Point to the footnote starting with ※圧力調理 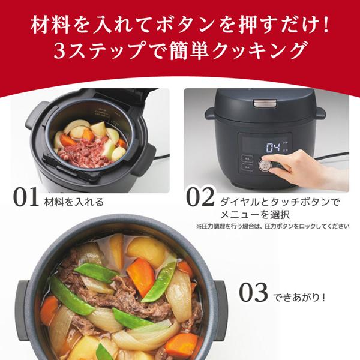coord(272,227)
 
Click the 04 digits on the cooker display coord(274,146)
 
